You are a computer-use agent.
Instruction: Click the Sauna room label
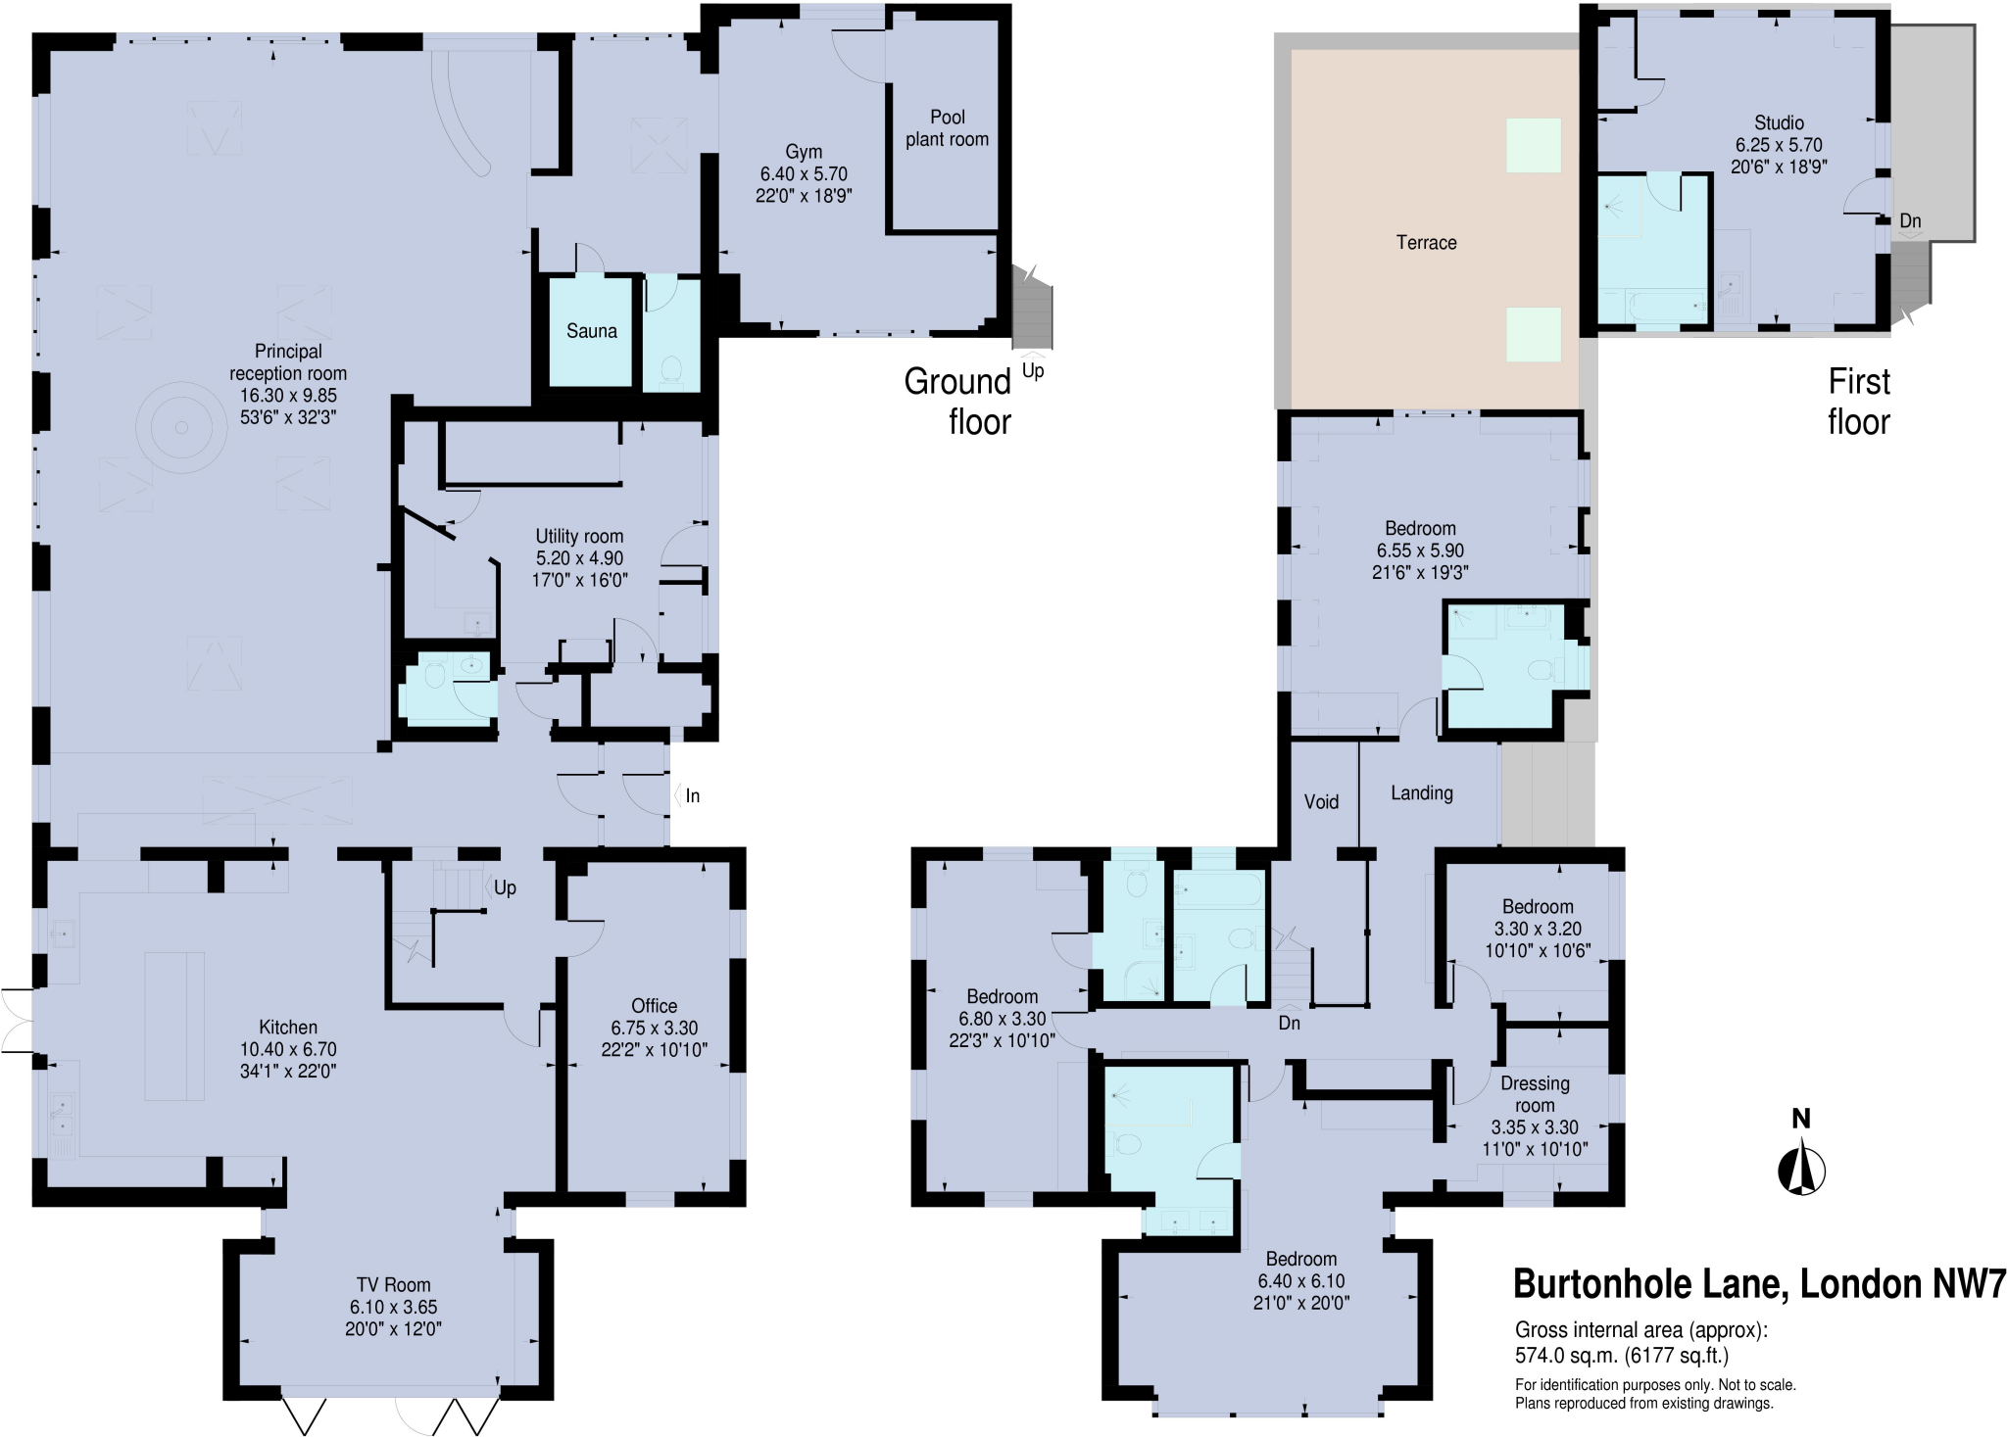(x=591, y=331)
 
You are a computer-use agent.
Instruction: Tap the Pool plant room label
(x=947, y=128)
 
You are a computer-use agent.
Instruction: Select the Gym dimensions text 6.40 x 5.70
(x=804, y=173)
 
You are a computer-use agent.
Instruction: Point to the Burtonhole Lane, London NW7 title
(x=1759, y=1283)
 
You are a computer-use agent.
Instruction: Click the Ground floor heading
(x=957, y=402)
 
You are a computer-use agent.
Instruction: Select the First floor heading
(x=1858, y=402)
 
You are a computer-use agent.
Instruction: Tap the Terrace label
(x=1426, y=243)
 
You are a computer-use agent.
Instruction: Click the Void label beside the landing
(x=1320, y=802)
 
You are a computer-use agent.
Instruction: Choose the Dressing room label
(x=1535, y=1094)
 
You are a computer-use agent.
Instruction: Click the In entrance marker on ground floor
(x=692, y=796)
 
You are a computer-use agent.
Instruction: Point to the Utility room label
(x=579, y=536)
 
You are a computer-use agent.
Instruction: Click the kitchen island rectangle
(x=174, y=1026)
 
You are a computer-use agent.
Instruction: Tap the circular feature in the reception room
(x=181, y=428)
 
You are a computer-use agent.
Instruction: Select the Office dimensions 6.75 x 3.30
(x=654, y=1028)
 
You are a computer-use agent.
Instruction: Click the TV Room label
(x=393, y=1285)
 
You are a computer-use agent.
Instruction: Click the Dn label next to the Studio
(x=1910, y=221)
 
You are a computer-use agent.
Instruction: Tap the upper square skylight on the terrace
(x=1533, y=145)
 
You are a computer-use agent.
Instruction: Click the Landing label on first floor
(x=1421, y=793)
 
